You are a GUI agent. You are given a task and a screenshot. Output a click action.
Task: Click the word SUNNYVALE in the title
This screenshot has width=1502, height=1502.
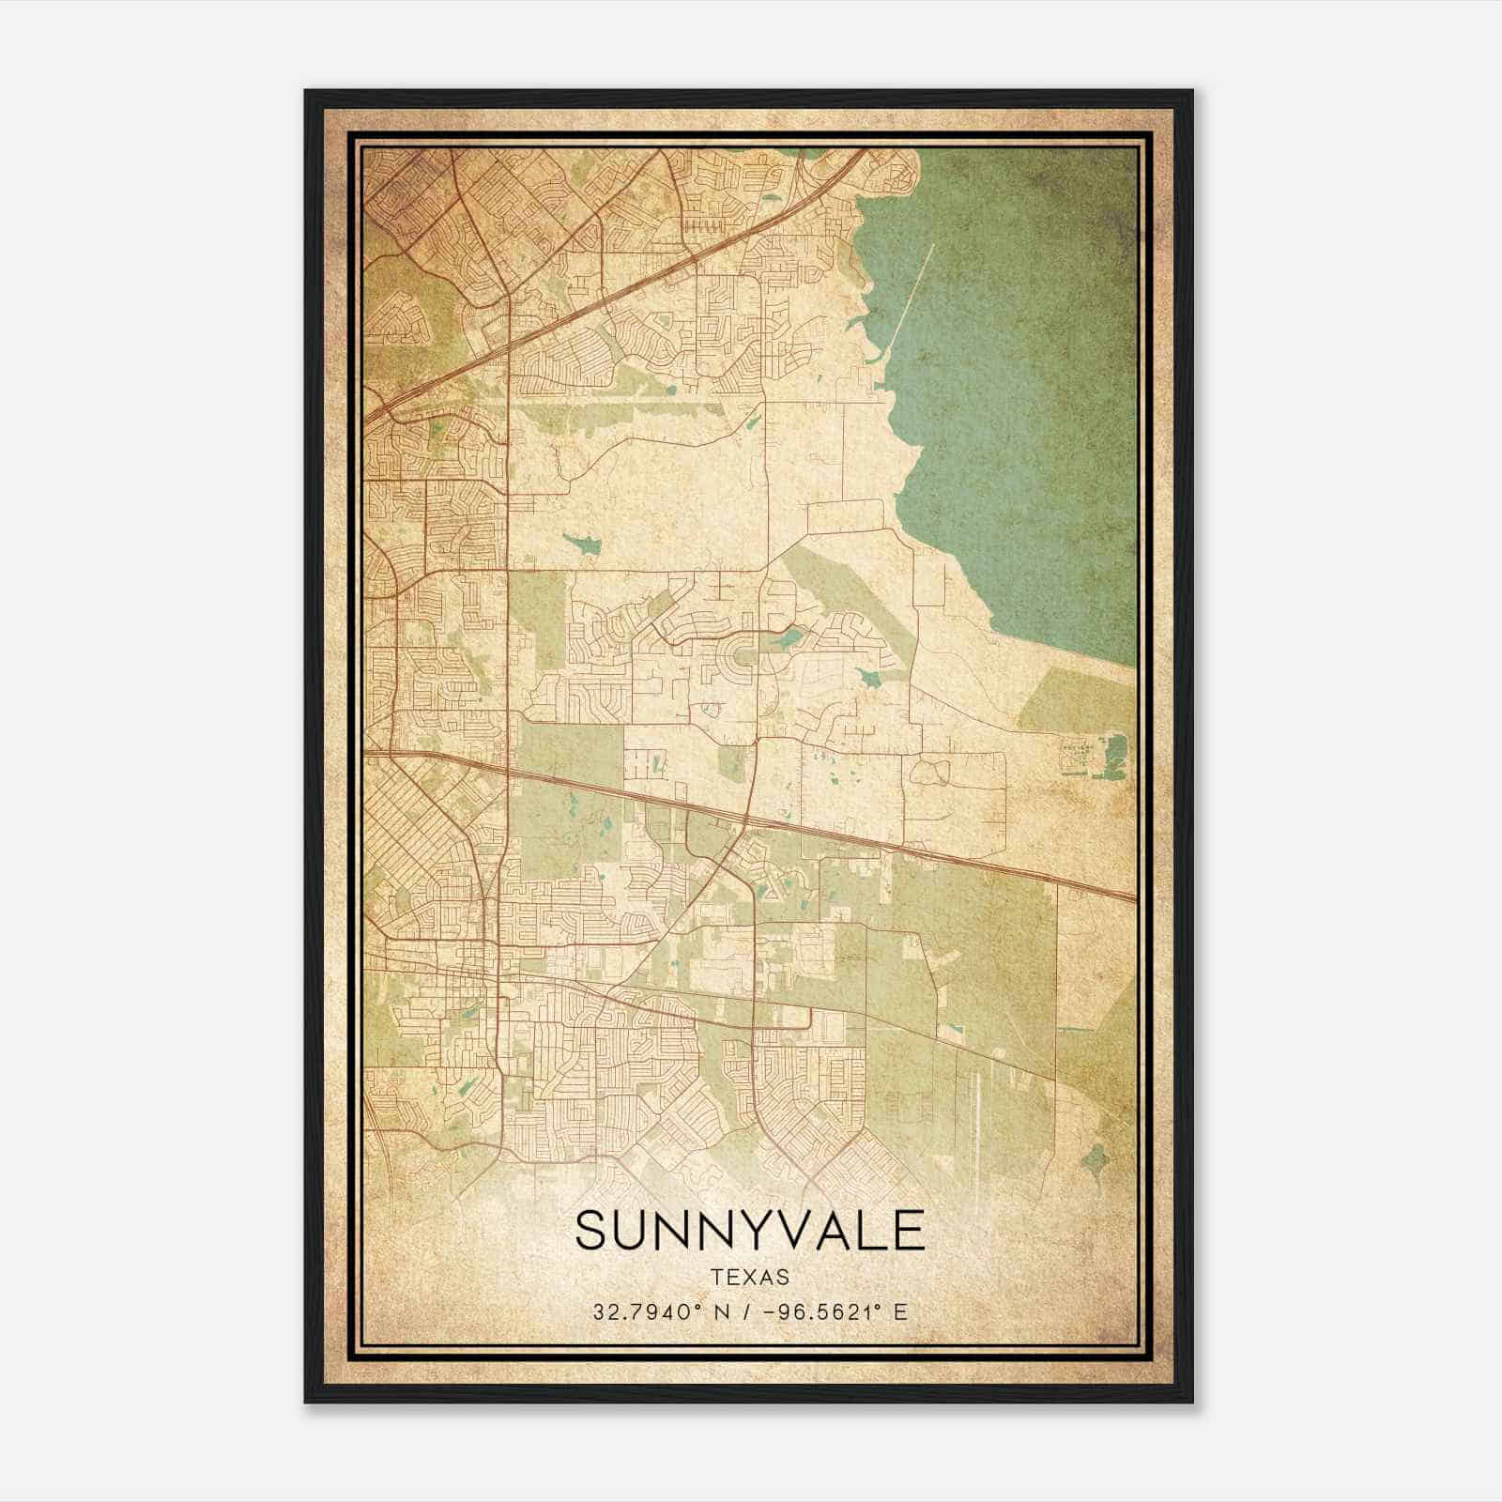click(x=749, y=1231)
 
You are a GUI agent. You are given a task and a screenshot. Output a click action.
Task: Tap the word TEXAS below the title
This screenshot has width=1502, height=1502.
click(x=750, y=1278)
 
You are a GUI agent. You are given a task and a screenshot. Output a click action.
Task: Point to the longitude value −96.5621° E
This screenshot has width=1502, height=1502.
click(x=839, y=1312)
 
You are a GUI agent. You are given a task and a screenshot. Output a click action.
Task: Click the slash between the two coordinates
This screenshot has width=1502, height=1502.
click(x=744, y=1312)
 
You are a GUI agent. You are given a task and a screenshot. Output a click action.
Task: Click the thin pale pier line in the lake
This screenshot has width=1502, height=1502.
click(x=911, y=300)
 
